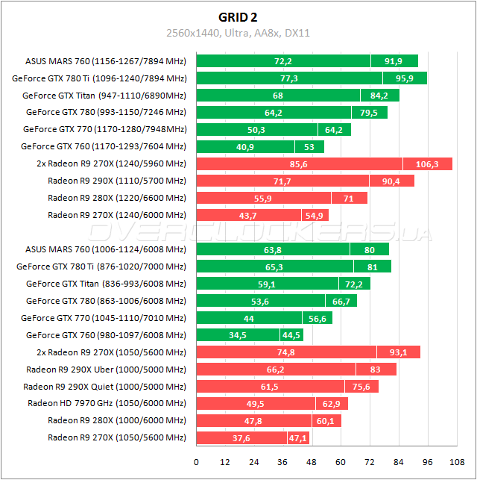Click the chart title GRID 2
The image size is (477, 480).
[x=238, y=16]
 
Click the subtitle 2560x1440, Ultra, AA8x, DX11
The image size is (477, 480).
[x=238, y=33]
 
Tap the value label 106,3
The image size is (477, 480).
[x=428, y=163]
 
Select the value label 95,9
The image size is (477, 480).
[x=405, y=78]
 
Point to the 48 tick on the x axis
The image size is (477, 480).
[x=312, y=462]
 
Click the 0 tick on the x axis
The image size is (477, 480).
[x=196, y=462]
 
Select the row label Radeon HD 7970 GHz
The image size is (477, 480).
[x=107, y=404]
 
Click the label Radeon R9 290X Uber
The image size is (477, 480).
[x=106, y=370]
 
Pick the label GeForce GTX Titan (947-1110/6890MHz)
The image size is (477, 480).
[x=104, y=96]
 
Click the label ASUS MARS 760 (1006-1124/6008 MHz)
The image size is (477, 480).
[x=106, y=249]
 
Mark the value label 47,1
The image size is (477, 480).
[x=298, y=438]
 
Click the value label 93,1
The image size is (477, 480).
[x=399, y=352]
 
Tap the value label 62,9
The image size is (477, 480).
[x=333, y=404]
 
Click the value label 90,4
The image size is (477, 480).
[x=391, y=181]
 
